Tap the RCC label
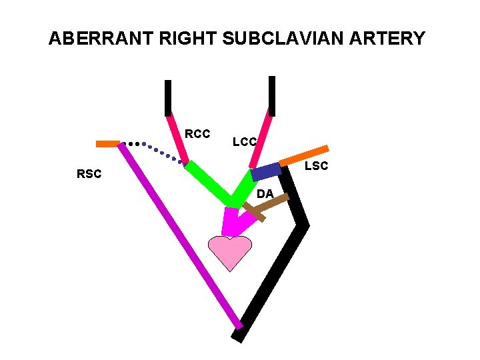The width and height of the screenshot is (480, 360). coord(197,134)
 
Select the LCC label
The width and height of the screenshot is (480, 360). coord(245,141)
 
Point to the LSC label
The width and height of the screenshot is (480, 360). coord(316,165)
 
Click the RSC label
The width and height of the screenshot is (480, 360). coord(89,175)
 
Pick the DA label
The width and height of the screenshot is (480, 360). coord(265,193)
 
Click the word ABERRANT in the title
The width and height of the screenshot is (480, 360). coord(101,39)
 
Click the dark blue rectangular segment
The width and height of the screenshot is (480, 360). coord(266,171)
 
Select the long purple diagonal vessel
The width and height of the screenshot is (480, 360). coord(180,237)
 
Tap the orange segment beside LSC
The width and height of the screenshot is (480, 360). coord(304,155)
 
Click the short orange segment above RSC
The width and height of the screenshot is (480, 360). coord(107,143)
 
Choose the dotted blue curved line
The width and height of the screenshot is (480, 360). coord(157,151)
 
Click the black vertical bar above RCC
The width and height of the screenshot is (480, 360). coord(168,97)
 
